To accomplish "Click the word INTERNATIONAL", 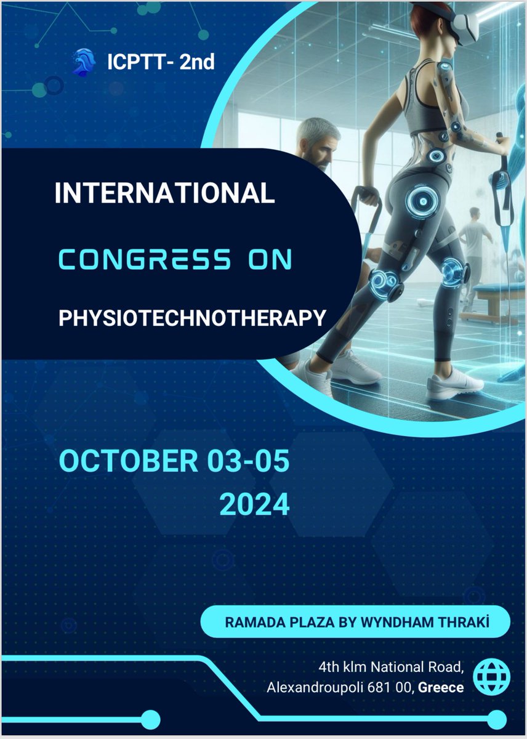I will (x=164, y=194).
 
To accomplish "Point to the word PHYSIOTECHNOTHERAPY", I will (x=191, y=318).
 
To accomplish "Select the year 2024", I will (x=254, y=504).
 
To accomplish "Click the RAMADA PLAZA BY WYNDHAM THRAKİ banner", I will (x=356, y=622).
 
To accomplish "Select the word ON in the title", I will (x=270, y=260).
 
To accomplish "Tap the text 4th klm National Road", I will (x=390, y=666).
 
